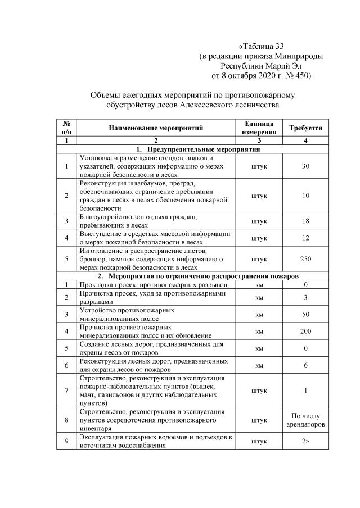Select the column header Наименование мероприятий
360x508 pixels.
click(x=156, y=128)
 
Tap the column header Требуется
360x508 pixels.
click(x=305, y=128)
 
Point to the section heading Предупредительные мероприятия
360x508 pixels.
click(x=203, y=150)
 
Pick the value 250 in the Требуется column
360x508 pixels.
click(x=305, y=260)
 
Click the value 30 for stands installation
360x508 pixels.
click(x=305, y=166)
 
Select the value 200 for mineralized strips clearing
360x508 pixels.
click(x=305, y=332)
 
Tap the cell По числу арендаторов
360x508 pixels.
click(x=305, y=420)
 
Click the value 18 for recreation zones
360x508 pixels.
click(x=305, y=221)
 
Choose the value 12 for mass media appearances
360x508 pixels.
click(x=305, y=238)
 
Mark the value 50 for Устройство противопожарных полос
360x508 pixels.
click(x=305, y=314)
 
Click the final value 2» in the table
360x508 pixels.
click(x=305, y=442)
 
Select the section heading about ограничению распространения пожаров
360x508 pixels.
click(x=203, y=276)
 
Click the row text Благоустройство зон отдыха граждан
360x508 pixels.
click(x=140, y=217)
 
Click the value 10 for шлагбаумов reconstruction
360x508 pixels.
click(x=305, y=196)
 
